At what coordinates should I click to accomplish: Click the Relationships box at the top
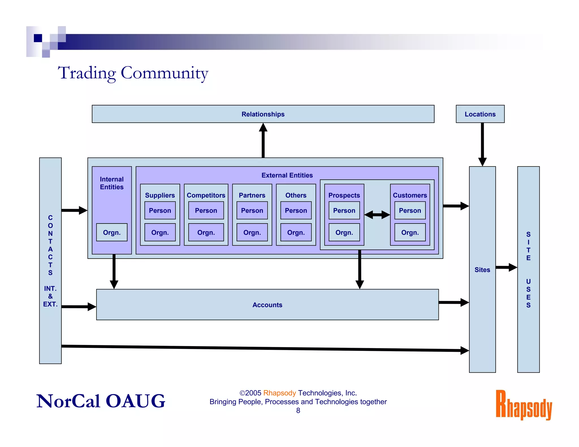tap(263, 114)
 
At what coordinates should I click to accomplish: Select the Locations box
tap(480, 114)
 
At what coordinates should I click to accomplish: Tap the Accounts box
tap(267, 305)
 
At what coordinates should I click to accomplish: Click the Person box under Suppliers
tap(160, 211)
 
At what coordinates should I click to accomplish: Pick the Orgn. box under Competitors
tap(206, 232)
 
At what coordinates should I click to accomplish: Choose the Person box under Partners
tap(252, 211)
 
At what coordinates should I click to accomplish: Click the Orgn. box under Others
tap(296, 232)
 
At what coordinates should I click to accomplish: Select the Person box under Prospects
tap(344, 211)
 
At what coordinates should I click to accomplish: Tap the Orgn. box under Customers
tap(410, 232)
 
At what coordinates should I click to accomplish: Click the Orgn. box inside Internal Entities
tap(112, 232)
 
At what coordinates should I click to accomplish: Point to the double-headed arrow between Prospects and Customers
tap(377, 215)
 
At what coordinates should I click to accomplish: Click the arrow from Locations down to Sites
tap(482, 144)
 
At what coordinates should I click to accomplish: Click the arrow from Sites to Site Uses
tap(506, 267)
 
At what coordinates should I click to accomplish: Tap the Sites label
tap(482, 270)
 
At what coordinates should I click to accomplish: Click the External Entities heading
tap(287, 175)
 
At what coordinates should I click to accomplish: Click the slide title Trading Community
tap(133, 73)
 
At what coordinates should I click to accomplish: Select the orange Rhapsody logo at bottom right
tap(524, 405)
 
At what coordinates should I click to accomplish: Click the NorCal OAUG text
tap(101, 401)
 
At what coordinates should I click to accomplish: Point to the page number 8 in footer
tap(298, 411)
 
